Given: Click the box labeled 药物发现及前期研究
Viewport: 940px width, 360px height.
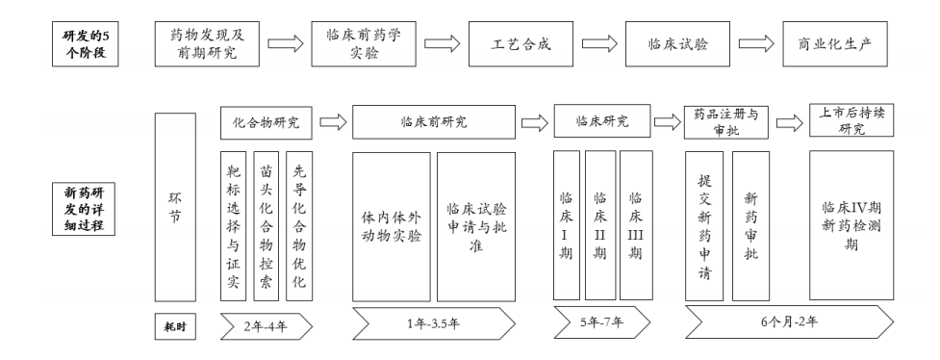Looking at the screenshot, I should coord(208,44).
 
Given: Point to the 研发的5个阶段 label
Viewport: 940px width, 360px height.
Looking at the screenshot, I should coord(83,44).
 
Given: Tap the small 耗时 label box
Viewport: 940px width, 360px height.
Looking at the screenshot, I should coord(174,325).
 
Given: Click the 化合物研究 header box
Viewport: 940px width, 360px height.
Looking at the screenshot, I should coord(267,123).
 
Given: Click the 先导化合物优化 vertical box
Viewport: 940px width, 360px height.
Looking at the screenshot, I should coord(299,226).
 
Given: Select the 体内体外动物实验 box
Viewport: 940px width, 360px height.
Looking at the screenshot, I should coord(391,226).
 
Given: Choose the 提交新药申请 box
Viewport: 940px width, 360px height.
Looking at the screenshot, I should coord(703,226).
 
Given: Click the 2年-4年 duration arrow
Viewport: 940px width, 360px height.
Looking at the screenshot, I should coord(267,326).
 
